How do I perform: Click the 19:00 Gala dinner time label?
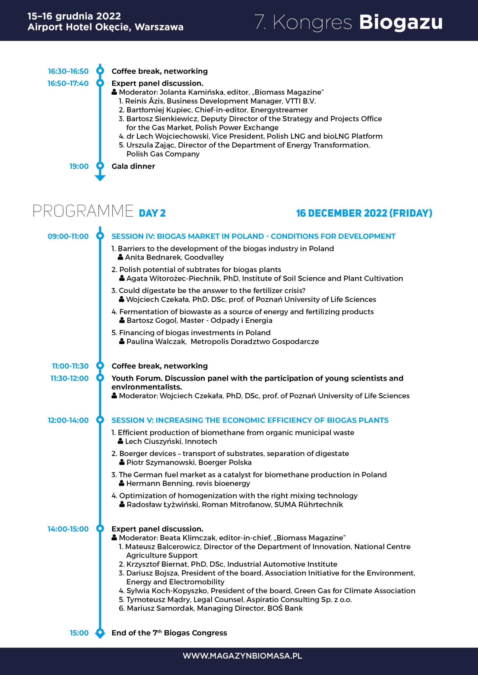tap(79, 166)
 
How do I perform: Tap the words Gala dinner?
tap(133, 166)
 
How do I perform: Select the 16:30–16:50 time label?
tap(68, 71)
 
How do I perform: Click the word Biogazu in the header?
tap(401, 22)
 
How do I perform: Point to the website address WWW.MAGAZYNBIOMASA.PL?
tap(242, 656)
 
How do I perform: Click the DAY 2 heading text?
tap(152, 213)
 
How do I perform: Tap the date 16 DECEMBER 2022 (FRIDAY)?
tap(364, 213)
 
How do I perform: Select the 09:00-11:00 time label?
tap(68, 236)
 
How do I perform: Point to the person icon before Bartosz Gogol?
tap(122, 320)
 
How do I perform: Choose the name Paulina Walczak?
tap(156, 342)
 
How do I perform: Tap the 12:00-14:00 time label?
tap(68, 420)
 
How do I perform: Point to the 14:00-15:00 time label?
tap(68, 529)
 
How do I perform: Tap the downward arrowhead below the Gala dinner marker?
tap(100, 178)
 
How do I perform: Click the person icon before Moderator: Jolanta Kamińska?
tap(115, 92)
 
